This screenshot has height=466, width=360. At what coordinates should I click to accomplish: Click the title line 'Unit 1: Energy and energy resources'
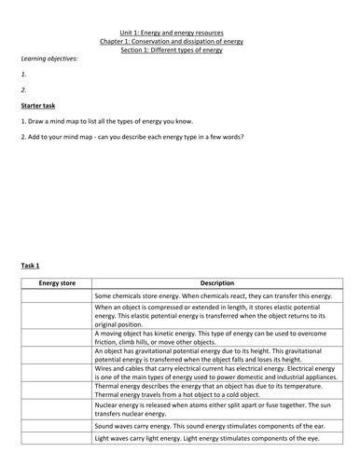179,31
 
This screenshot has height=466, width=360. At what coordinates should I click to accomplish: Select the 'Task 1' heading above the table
31,266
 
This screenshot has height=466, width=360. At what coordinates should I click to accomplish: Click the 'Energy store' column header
55,282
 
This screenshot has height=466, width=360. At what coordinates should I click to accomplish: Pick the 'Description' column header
216,282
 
